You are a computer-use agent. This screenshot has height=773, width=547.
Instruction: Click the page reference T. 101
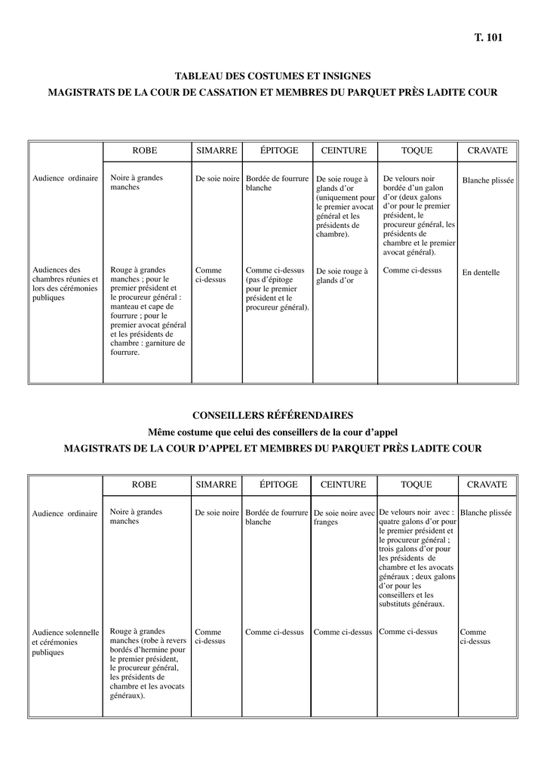(488, 37)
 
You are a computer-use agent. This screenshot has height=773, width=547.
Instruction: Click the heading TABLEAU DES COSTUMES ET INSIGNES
(272, 76)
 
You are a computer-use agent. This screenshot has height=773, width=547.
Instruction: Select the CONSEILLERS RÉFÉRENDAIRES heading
(272, 415)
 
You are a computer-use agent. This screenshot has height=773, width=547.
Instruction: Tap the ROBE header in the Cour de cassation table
(145, 151)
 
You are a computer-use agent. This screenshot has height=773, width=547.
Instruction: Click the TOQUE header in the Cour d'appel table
(416, 485)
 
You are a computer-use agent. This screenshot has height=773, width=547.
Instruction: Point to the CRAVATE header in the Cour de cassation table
(487, 151)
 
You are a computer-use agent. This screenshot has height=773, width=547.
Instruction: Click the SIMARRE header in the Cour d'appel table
(217, 485)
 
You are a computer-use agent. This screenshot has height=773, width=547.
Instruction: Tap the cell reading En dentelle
(481, 273)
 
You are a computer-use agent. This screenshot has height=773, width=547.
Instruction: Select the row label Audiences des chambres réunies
(65, 283)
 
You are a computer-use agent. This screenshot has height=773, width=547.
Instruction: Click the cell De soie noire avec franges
(343, 517)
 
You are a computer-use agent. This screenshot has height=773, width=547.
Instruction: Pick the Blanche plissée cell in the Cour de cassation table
(487, 181)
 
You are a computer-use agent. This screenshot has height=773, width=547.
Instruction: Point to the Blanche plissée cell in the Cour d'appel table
(486, 513)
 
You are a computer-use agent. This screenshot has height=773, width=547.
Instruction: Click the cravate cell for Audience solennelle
(475, 636)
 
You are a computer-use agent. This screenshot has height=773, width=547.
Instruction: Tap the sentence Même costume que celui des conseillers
(272, 432)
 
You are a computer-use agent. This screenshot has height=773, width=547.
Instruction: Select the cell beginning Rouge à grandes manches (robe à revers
(147, 663)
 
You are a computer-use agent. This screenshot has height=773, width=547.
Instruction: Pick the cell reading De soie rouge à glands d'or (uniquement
(345, 207)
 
